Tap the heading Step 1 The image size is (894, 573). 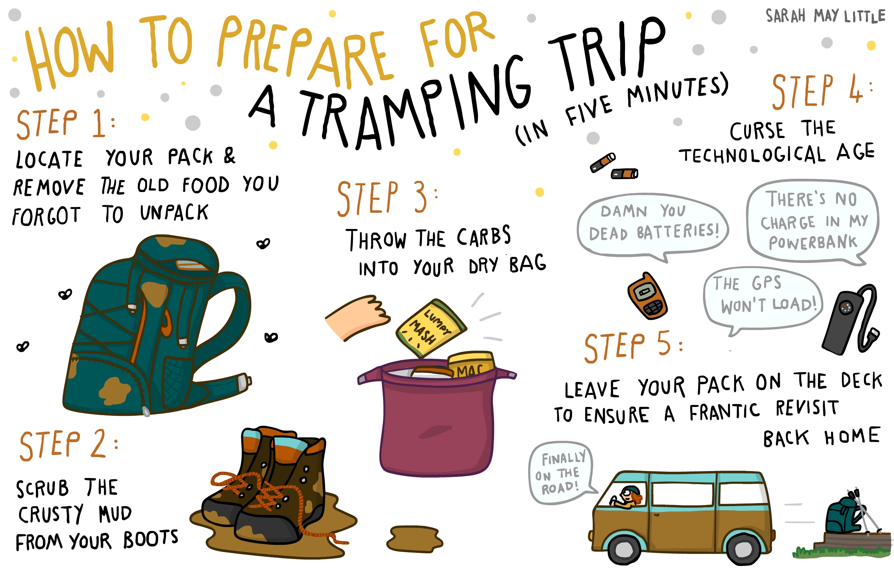click(66, 124)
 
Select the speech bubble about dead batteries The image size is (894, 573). click(652, 226)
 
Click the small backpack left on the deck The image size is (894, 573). click(845, 515)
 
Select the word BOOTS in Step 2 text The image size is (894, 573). click(151, 539)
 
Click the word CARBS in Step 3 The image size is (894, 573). click(484, 236)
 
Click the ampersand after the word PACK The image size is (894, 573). click(229, 156)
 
